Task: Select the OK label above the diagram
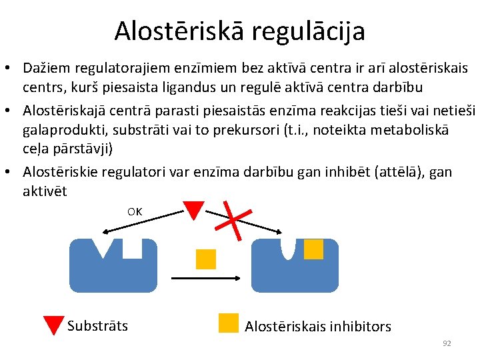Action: [x=135, y=212]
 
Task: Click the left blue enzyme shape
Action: [x=113, y=270]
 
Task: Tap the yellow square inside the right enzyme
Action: [x=313, y=249]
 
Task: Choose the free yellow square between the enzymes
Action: [x=206, y=259]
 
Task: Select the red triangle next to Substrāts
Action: [x=53, y=325]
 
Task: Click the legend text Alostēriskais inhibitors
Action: [x=318, y=326]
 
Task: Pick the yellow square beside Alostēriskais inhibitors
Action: [x=229, y=323]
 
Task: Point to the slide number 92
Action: [x=447, y=343]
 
